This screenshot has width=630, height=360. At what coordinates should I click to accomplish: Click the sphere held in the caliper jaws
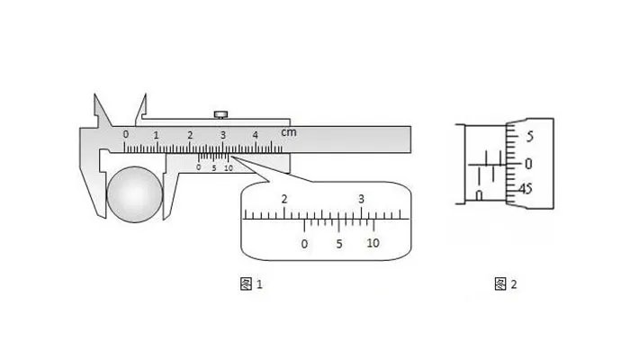[135, 194]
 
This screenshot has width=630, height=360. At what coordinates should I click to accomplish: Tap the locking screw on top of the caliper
[220, 115]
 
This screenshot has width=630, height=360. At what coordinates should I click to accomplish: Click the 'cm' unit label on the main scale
[289, 132]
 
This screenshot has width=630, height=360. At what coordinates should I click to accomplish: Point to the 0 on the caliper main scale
[126, 134]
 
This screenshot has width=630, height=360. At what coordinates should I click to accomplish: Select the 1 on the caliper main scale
[156, 135]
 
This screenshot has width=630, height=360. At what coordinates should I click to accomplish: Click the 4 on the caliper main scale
[256, 135]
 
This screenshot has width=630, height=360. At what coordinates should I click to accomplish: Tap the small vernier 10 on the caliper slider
[229, 168]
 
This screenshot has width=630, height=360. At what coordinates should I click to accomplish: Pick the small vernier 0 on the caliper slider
[199, 167]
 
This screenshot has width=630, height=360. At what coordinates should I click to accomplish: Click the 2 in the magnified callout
[284, 199]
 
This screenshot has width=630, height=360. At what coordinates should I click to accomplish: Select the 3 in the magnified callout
[361, 199]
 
